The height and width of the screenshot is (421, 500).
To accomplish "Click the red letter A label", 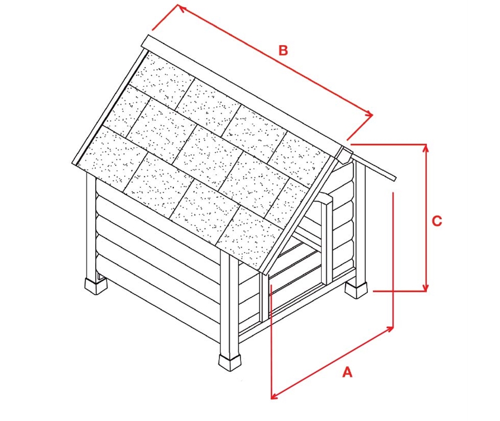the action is (347, 372).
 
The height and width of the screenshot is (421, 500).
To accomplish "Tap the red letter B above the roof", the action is (283, 51).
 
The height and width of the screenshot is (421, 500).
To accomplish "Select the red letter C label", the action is (437, 221).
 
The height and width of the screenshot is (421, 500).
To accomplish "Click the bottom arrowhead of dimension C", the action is (425, 288).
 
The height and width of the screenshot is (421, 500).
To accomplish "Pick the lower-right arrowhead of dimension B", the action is (370, 114).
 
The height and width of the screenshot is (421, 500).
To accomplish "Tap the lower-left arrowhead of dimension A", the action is (273, 396).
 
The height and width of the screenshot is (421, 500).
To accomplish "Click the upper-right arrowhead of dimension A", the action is (391, 328).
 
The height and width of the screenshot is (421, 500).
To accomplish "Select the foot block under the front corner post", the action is (229, 362).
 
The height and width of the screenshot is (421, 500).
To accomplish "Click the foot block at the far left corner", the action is (96, 286).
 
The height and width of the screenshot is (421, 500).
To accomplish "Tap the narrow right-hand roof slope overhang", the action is (373, 165).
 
